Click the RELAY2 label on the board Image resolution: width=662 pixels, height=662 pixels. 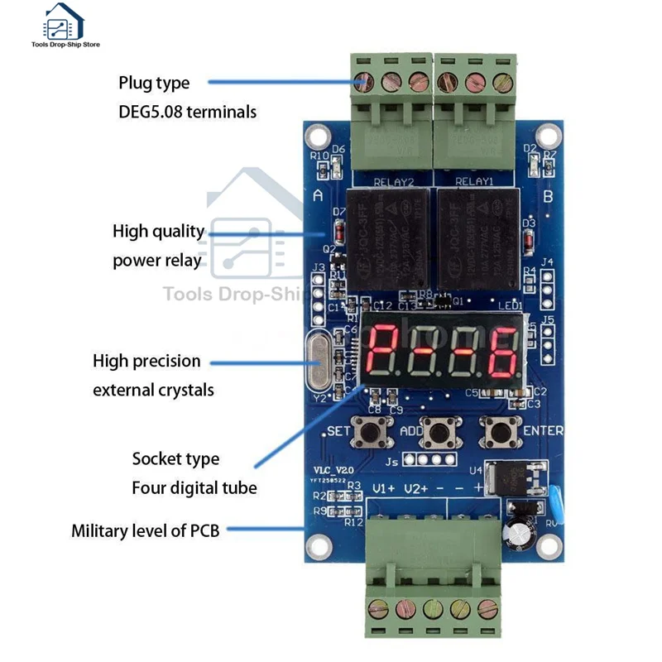392,180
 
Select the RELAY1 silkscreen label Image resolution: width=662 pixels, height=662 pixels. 474,180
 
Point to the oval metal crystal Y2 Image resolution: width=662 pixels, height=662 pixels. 320,361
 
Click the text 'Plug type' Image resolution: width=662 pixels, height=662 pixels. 154,83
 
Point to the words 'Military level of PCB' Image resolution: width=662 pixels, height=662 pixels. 146,530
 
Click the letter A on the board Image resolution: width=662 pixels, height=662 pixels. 319,195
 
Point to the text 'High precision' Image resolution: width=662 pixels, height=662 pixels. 146,361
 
